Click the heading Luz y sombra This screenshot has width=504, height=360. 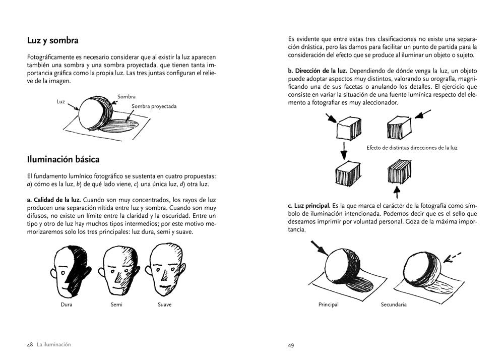tap(52, 40)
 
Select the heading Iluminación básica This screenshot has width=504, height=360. tap(63, 159)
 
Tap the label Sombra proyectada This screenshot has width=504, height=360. tap(154, 106)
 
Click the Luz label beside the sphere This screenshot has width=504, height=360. tap(61, 101)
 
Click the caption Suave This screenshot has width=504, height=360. tap(164, 305)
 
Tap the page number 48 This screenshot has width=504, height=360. tap(30, 345)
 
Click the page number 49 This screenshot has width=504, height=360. tap(291, 345)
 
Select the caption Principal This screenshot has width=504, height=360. tap(328, 305)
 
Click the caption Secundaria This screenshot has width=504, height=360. tap(394, 305)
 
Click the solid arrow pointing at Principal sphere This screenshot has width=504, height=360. tap(319, 248)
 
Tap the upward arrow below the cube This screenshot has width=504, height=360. tap(396, 192)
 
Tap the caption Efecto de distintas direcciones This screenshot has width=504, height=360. tap(412, 148)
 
